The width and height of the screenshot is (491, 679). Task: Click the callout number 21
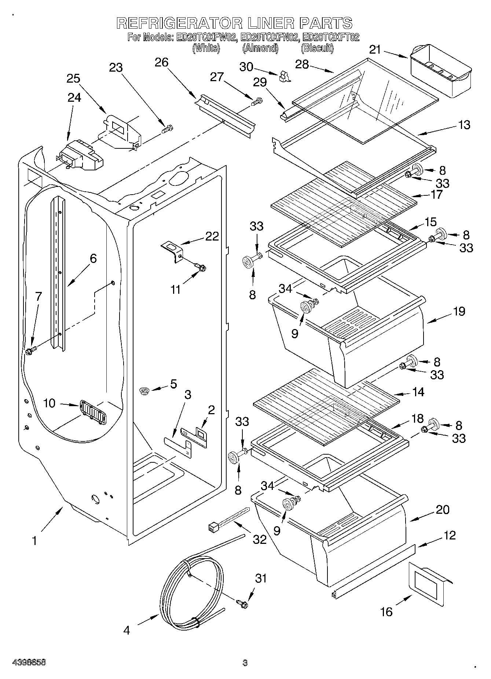pos(375,50)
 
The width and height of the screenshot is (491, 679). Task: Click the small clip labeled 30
pos(284,76)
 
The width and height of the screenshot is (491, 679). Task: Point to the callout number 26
pos(161,62)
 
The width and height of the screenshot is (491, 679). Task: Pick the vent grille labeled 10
pos(93,412)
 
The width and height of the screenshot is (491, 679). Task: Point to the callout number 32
pos(260,539)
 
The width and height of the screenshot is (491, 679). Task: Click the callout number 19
pos(459,311)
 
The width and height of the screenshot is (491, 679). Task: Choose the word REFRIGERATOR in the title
pos(180,23)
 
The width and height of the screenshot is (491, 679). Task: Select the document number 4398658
pos(29,663)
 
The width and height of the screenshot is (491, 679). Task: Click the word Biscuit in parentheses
pos(317,48)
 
